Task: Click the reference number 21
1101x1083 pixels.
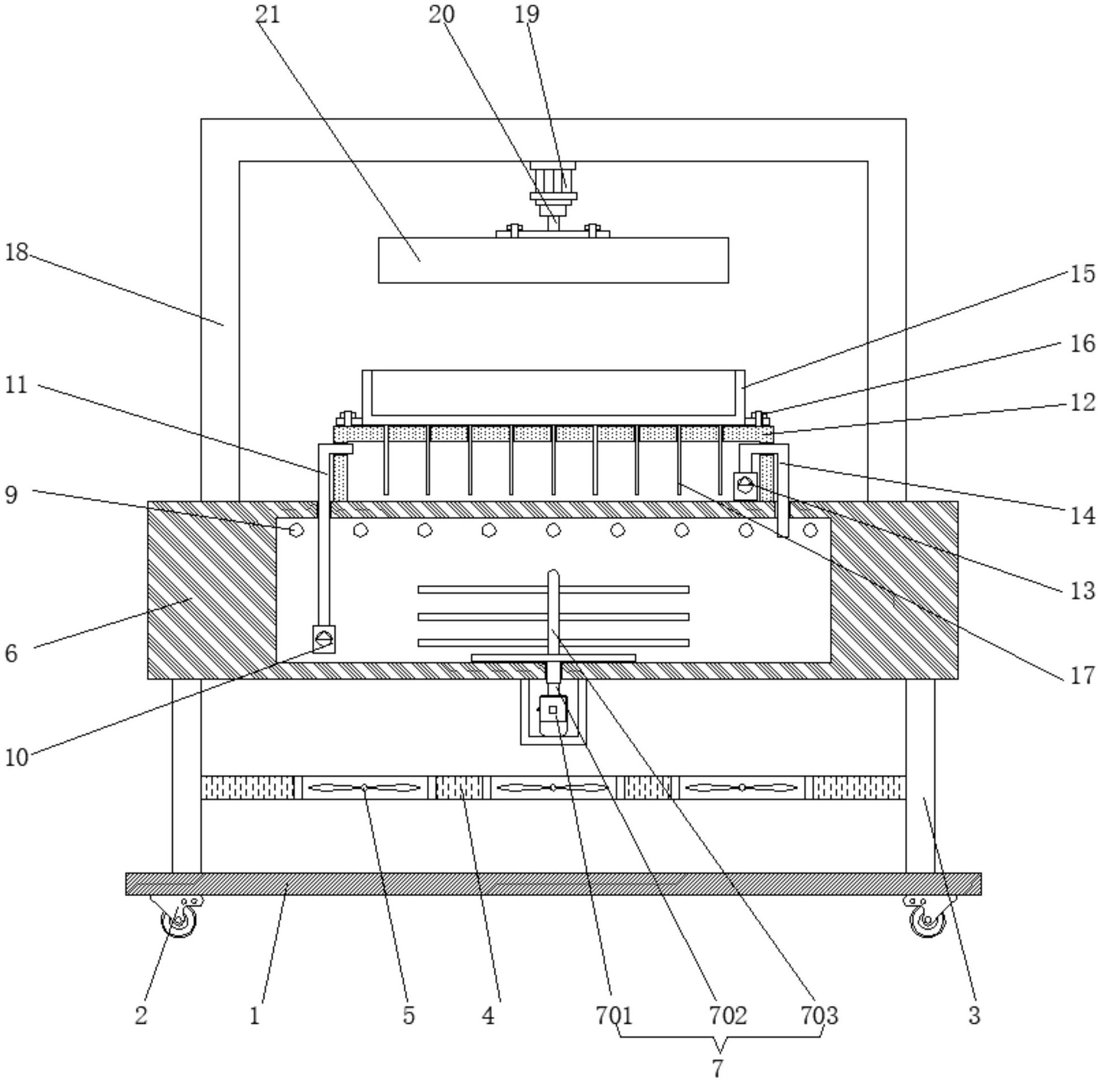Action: [268, 15]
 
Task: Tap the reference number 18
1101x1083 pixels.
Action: [16, 252]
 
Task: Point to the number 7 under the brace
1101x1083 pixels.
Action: [717, 1068]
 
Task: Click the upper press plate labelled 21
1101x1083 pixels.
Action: [553, 260]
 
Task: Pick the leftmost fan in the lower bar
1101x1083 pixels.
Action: [365, 788]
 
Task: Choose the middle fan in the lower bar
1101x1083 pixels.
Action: [553, 788]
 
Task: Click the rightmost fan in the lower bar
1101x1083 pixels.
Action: [742, 788]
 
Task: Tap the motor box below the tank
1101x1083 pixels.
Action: [553, 715]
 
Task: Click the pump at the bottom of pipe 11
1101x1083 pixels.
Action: [324, 639]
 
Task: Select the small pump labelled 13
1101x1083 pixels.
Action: [745, 486]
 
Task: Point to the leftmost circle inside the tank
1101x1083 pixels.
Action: [296, 531]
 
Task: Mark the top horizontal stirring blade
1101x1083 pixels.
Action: [553, 589]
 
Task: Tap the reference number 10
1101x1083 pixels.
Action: [16, 757]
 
